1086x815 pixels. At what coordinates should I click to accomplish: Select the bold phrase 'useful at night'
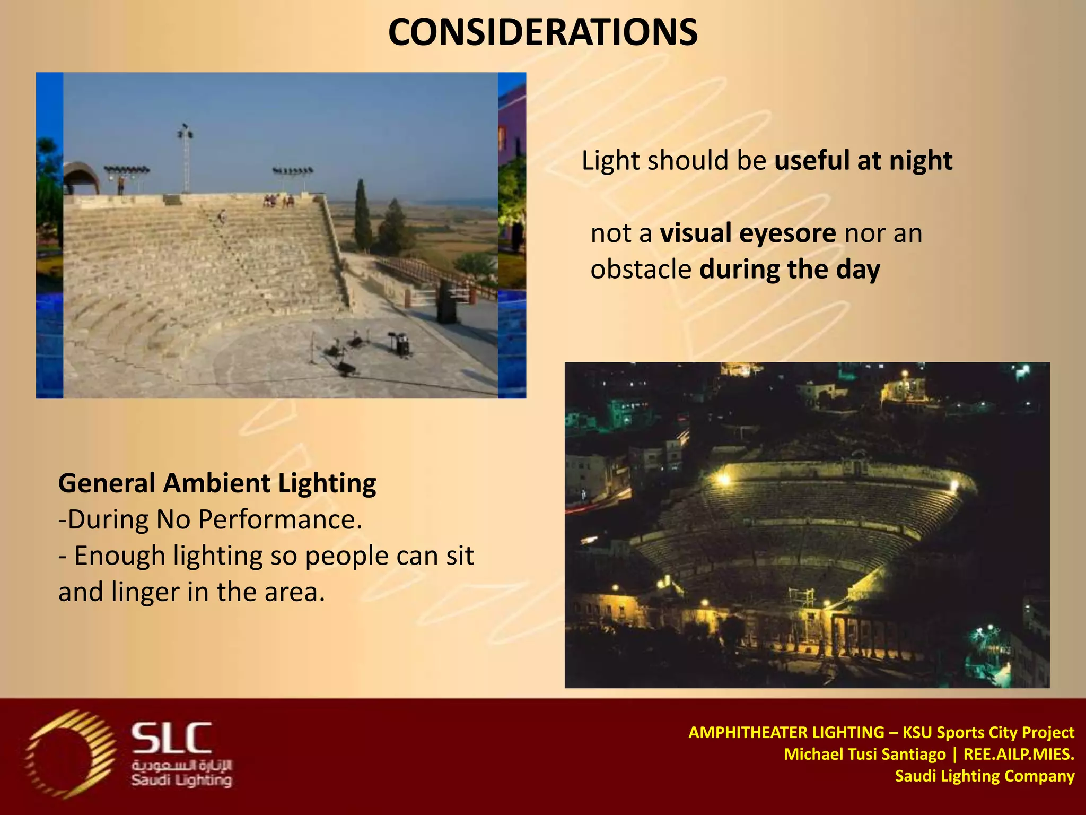863,161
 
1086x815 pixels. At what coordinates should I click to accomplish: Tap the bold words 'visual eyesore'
748,233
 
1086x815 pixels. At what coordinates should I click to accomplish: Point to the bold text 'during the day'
790,270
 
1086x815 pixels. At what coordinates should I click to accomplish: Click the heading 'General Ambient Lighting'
217,483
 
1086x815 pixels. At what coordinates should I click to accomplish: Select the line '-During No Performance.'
210,519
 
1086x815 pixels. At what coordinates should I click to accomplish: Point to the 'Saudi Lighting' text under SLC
181,781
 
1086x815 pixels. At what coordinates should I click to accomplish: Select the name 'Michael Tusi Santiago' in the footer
864,754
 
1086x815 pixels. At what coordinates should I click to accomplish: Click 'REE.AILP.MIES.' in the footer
1018,754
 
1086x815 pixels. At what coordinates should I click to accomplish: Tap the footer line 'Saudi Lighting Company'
984,776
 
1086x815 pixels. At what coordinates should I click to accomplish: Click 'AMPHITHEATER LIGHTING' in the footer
786,733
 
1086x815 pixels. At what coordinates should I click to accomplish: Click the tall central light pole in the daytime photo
185,159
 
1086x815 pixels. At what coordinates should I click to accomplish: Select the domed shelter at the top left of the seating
81,178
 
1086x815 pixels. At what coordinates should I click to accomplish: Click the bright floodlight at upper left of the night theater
723,479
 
